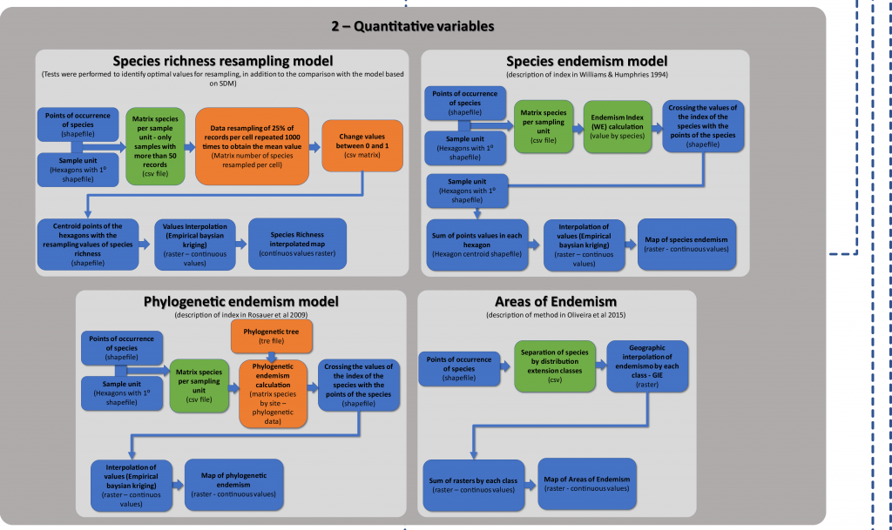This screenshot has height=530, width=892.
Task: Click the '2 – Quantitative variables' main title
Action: [x=413, y=26]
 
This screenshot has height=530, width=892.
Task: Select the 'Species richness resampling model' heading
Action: [x=223, y=61]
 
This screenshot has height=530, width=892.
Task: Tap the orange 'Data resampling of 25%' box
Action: [x=252, y=145]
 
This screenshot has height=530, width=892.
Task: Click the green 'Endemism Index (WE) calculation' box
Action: [x=617, y=127]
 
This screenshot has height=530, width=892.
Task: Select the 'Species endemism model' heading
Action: [x=586, y=61]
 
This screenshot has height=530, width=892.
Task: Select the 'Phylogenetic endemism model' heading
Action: [x=240, y=301]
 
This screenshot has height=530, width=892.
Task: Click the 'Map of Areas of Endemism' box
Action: [x=586, y=484]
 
